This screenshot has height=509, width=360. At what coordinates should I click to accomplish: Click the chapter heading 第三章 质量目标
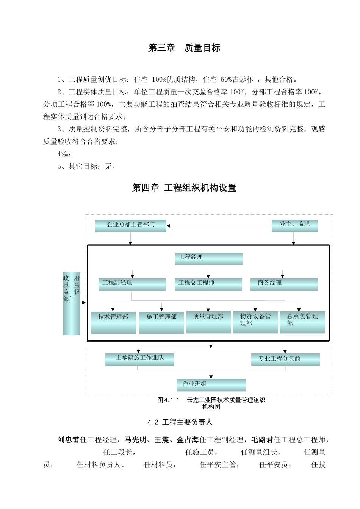[184, 48]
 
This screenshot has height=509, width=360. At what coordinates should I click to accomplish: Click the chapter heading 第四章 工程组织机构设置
[184, 188]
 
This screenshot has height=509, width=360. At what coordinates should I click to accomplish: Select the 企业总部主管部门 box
[131, 225]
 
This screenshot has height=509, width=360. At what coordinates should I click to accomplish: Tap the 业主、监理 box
[294, 225]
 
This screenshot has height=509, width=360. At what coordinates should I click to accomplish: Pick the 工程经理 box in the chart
[208, 258]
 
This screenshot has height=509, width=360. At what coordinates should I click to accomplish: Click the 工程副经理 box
[132, 284]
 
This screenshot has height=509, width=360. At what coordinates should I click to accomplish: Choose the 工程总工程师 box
[208, 284]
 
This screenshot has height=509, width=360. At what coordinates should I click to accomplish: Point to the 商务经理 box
[284, 284]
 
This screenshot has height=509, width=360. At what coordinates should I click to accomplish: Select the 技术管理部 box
[113, 322]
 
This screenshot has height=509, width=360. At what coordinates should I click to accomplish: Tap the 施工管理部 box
[161, 322]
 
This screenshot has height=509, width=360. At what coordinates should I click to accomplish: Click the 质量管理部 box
[208, 322]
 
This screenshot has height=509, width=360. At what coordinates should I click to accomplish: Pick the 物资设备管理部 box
[255, 322]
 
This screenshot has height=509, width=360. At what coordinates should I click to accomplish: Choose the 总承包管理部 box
[302, 322]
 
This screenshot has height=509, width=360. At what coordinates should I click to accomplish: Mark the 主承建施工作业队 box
[139, 359]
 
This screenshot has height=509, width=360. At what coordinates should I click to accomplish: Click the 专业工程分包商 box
[285, 359]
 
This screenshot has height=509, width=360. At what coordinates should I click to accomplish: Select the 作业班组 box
[211, 385]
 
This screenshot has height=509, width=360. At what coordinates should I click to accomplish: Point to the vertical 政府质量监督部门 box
[71, 303]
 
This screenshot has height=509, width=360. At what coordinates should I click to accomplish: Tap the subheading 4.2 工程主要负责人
[180, 422]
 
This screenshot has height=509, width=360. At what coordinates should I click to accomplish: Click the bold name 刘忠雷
[69, 440]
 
